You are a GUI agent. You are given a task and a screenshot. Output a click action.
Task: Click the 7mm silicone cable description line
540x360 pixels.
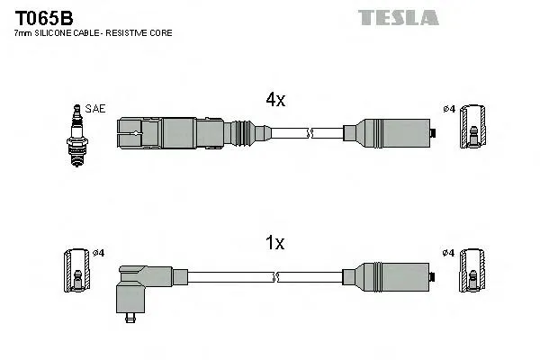tap(93, 32)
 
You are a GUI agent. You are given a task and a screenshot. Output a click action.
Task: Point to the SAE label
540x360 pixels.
tap(96, 109)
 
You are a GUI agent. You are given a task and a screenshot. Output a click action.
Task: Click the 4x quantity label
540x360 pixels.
tap(274, 102)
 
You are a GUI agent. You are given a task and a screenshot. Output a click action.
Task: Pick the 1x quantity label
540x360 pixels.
tap(274, 242)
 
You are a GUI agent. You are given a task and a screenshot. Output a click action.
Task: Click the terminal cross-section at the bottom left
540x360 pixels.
tap(76, 273)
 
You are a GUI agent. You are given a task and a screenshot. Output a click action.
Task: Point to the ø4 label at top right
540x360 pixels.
tap(449, 110)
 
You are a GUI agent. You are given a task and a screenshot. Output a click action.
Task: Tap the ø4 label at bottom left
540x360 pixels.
tap(99, 253)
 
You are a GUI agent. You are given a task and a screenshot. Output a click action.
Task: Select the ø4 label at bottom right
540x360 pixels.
tap(449, 253)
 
